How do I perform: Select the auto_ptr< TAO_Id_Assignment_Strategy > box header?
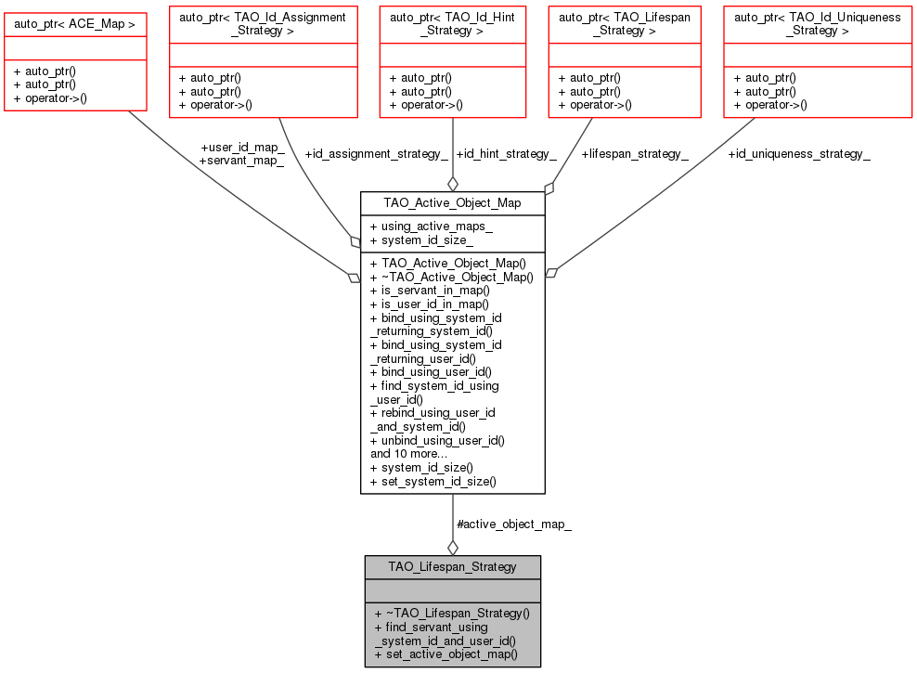click(263, 23)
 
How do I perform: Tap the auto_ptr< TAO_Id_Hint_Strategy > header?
click(451, 23)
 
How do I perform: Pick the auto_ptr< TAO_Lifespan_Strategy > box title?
click(623, 23)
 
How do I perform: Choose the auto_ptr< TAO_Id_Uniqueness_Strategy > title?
click(818, 23)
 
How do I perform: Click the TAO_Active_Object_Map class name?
click(452, 202)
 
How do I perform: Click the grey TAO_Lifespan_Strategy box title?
click(452, 565)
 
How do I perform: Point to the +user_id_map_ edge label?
click(242, 147)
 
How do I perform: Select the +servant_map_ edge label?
click(241, 161)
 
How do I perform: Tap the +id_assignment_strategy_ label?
click(376, 153)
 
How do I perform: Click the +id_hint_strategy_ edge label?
click(507, 153)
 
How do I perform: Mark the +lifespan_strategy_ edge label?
click(635, 153)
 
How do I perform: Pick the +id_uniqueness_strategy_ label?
click(798, 153)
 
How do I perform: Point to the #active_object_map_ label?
click(514, 524)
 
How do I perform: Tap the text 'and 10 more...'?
click(409, 454)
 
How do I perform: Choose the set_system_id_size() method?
click(433, 481)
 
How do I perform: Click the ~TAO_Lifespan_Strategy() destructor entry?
click(451, 614)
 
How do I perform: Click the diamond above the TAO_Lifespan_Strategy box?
click(452, 547)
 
